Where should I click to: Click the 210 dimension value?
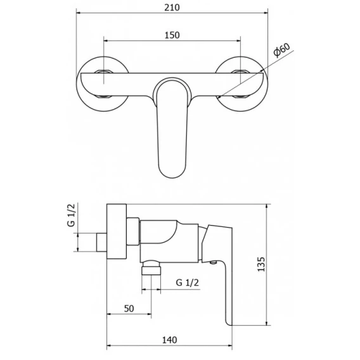click(172, 8)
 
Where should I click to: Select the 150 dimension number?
click(172, 35)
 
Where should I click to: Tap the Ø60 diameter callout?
click(281, 49)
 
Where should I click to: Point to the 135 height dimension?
click(261, 264)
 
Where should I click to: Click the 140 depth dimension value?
click(170, 340)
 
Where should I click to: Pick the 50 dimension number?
click(129, 309)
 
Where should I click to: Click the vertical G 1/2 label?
click(72, 215)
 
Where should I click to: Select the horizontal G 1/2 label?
click(188, 283)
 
